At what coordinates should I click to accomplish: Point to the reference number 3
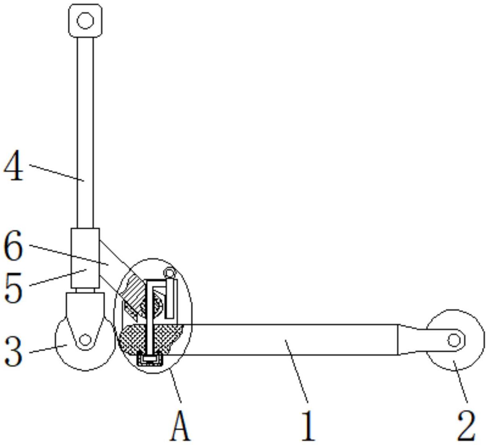click(x=14, y=351)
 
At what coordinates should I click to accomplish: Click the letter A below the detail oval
click(x=180, y=426)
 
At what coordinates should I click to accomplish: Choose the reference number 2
click(x=466, y=426)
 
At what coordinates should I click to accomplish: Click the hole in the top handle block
click(x=85, y=20)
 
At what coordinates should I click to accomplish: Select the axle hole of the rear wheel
click(x=454, y=340)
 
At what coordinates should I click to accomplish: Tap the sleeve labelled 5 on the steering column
click(x=85, y=257)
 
